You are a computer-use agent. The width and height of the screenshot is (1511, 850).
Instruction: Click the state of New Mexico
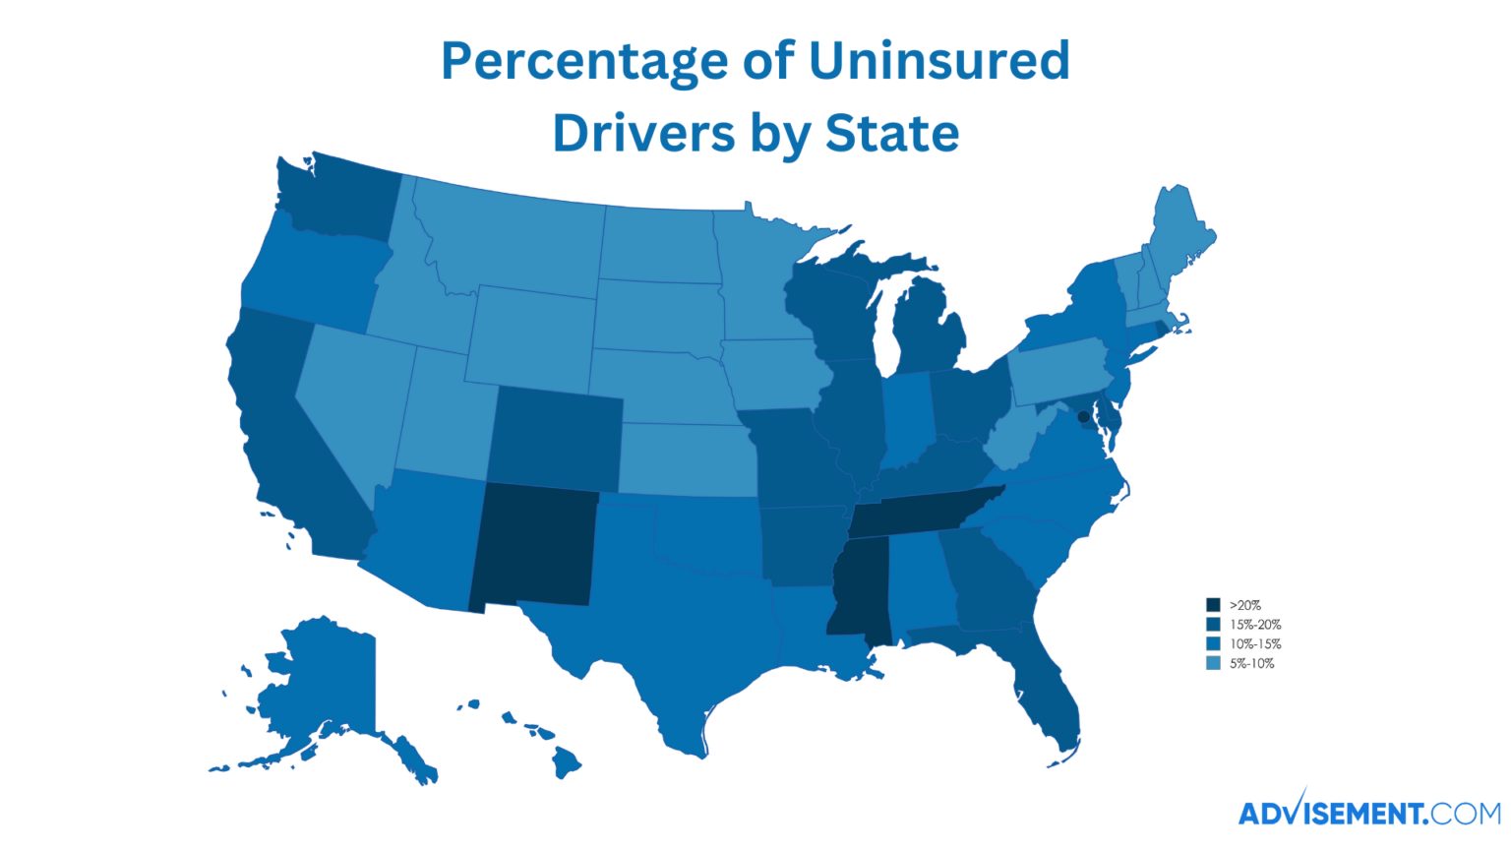pyautogui.click(x=533, y=546)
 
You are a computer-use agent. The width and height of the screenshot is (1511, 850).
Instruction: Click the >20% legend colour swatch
pyautogui.click(x=1213, y=605)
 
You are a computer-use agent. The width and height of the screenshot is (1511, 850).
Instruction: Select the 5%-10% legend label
pyautogui.click(x=1251, y=664)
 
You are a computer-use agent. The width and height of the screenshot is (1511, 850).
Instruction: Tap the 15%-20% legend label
pyautogui.click(x=1255, y=625)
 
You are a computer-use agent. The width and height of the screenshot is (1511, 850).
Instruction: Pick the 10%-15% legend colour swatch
pyautogui.click(x=1213, y=644)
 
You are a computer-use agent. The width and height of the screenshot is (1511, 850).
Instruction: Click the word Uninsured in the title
pyautogui.click(x=938, y=61)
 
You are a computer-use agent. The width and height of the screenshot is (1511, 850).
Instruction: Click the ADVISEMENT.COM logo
pyautogui.click(x=1368, y=812)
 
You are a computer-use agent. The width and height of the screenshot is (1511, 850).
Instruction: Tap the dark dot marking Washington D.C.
pyautogui.click(x=1083, y=417)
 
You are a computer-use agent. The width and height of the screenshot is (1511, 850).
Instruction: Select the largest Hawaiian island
pyautogui.click(x=567, y=760)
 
